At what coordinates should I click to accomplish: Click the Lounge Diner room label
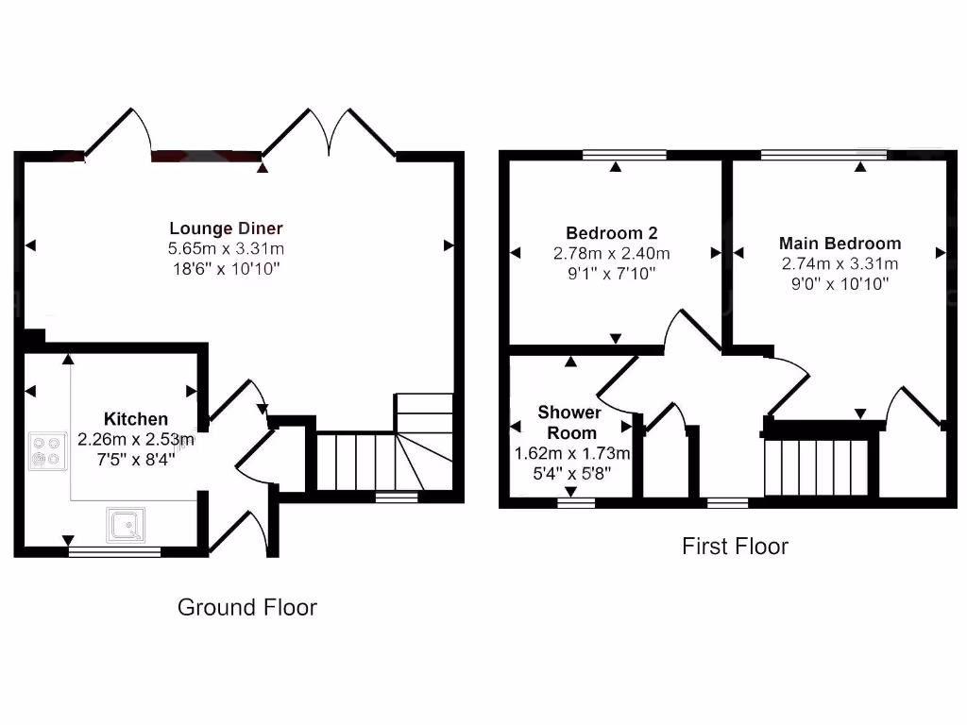[x=226, y=228]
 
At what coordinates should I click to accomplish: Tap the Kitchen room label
[x=136, y=418]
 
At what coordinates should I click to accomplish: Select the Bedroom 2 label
[x=611, y=233]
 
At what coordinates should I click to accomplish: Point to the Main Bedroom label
[x=840, y=244]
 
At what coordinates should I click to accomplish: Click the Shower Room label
[x=568, y=422]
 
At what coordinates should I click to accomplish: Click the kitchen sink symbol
[x=127, y=526]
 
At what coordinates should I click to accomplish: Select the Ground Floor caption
[x=246, y=607]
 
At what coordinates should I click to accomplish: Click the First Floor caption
[x=735, y=546]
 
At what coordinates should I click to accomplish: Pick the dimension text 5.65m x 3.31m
[x=226, y=249]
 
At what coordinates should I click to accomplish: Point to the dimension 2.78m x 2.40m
[x=611, y=253]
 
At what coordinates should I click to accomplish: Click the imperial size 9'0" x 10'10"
[x=840, y=283]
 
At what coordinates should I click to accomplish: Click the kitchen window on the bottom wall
[x=114, y=551]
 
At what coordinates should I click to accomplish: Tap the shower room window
[x=576, y=503]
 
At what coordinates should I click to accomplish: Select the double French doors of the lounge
[x=329, y=137]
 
